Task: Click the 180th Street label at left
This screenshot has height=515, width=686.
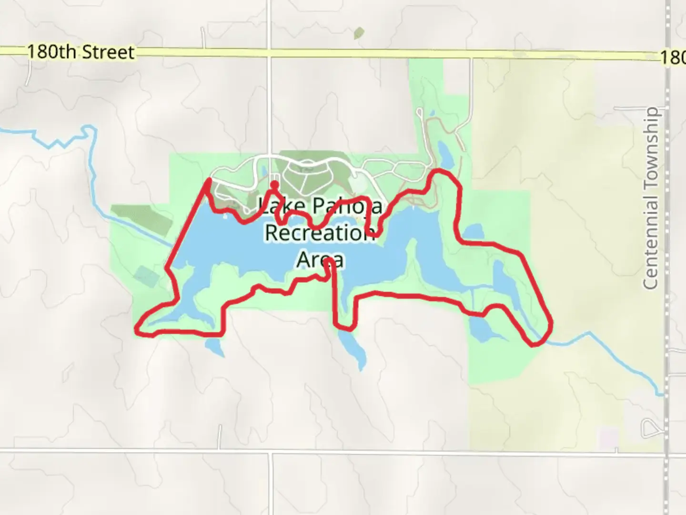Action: coord(81,52)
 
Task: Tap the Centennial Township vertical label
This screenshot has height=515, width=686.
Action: coord(651,198)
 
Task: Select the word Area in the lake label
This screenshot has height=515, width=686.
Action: coord(320,260)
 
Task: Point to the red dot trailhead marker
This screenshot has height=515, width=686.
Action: coord(274,184)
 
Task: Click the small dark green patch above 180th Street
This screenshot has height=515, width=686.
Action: coord(359,33)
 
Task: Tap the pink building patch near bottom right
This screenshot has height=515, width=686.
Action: coord(608,436)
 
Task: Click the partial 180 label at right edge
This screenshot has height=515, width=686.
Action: coord(673,58)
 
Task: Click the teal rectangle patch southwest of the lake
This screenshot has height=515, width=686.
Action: coord(145,276)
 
